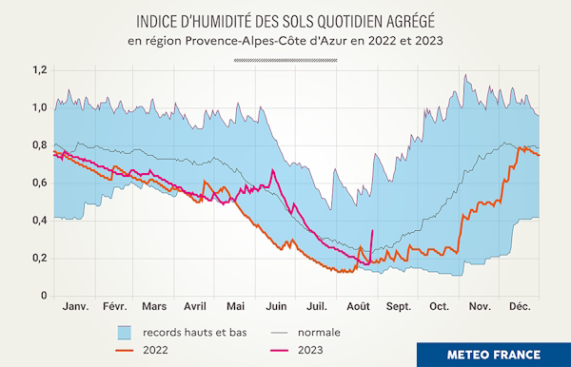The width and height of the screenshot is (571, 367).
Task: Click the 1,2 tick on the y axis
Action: (x=38, y=70)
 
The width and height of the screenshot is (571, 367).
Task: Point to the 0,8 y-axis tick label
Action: (x=38, y=145)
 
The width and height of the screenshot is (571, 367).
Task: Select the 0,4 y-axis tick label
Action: (x=38, y=221)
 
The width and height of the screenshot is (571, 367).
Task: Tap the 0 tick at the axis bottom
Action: (x=43, y=296)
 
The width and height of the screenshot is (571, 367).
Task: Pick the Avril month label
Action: (x=195, y=308)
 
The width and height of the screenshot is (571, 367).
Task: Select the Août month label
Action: (x=358, y=308)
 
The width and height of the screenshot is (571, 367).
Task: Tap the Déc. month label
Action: (x=520, y=308)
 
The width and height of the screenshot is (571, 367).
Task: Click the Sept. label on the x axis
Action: (x=398, y=308)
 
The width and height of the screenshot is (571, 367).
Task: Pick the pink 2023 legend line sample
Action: (x=279, y=351)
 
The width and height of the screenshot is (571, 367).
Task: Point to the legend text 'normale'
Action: (x=319, y=333)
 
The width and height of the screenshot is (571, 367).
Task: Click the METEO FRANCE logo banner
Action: (x=494, y=354)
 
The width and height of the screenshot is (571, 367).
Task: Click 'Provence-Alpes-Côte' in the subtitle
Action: (x=251, y=41)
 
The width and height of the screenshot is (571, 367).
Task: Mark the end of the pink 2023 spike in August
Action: (x=372, y=230)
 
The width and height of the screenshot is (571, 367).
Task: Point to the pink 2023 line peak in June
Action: (x=273, y=170)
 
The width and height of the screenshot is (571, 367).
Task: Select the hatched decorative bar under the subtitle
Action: (x=285, y=59)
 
